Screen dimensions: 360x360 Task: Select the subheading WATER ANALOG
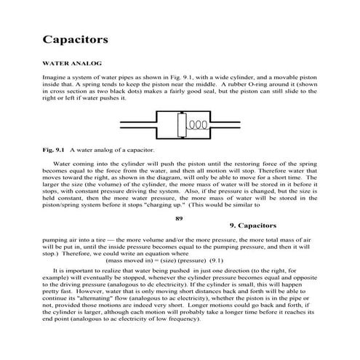point(71,64)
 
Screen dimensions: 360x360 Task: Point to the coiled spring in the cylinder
point(197,124)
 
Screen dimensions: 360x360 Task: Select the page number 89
point(180,216)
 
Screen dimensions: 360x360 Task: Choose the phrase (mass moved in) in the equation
point(128,260)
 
